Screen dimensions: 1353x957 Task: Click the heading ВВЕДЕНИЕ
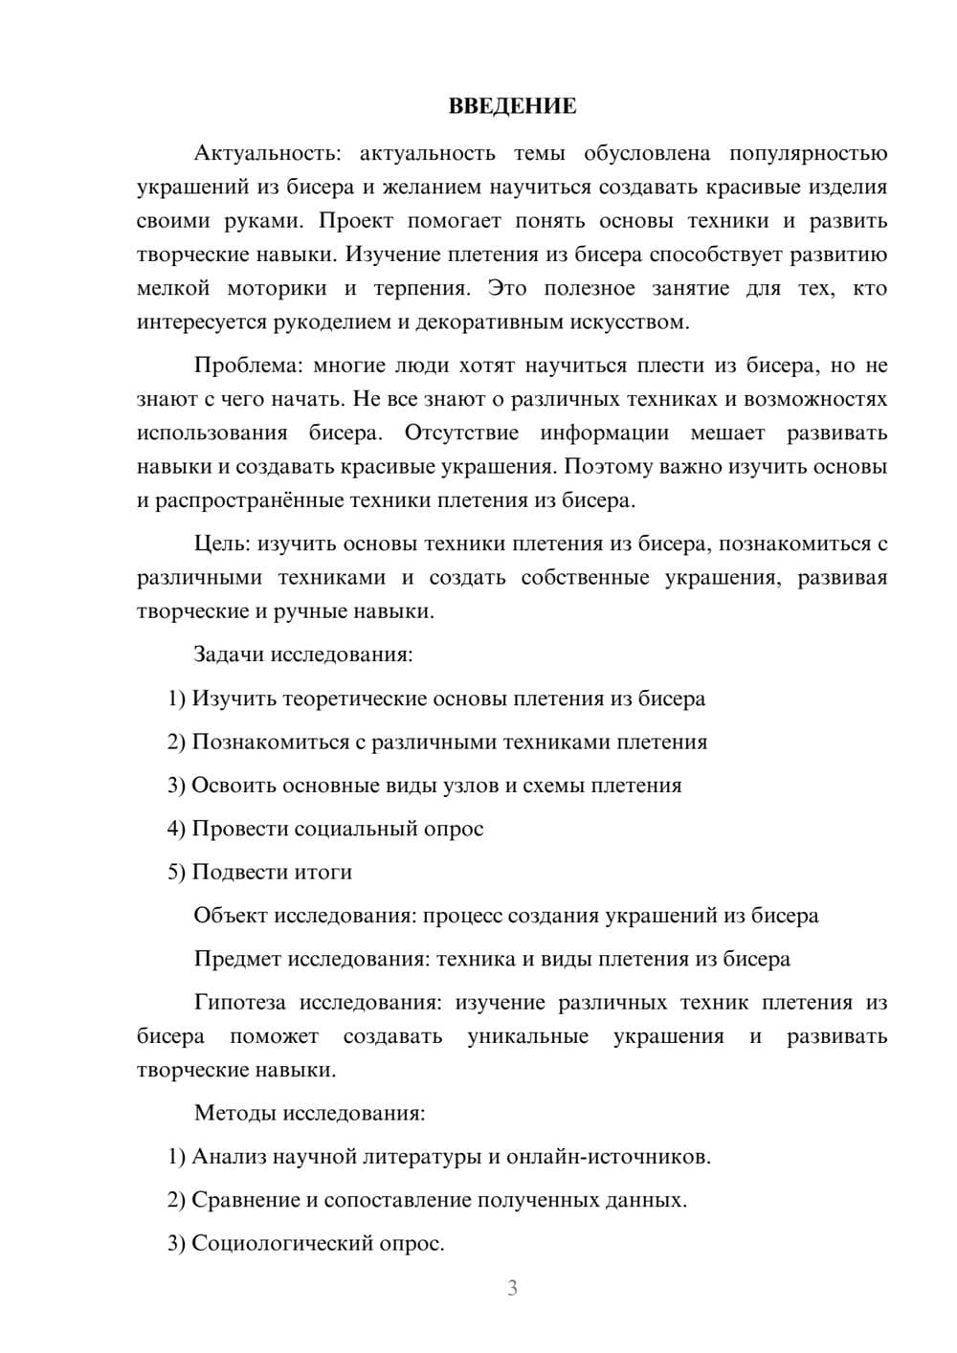pos(512,106)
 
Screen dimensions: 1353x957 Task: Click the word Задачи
pos(229,654)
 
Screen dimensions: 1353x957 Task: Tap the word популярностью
pos(808,154)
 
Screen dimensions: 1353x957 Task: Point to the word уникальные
pos(527,1036)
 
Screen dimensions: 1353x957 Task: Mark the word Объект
pos(231,916)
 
